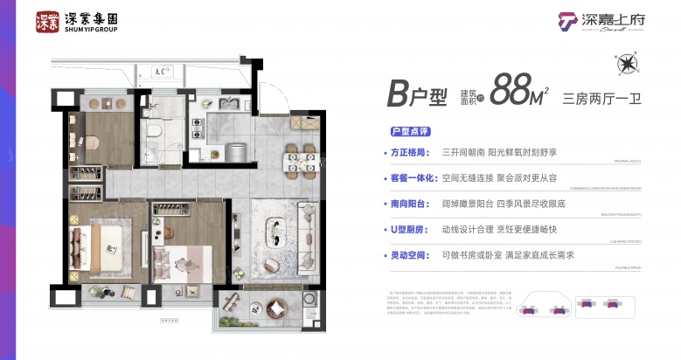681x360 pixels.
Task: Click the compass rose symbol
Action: coord(626,64)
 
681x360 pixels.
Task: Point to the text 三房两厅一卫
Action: coord(603,98)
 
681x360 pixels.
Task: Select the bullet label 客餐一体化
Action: coord(415,178)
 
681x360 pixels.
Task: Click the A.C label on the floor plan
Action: coord(160,72)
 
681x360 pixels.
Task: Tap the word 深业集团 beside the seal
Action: coord(89,17)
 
